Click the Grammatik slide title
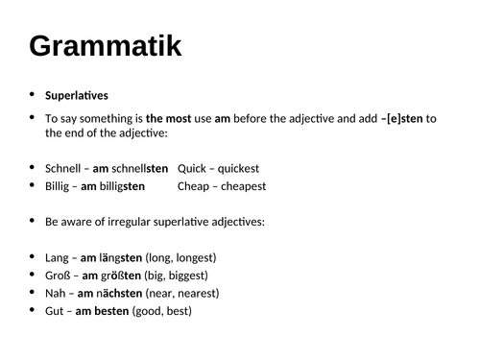click(106, 45)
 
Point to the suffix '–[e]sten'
click(399, 118)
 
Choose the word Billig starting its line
click(60, 185)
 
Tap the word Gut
click(55, 311)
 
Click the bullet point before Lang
click(34, 257)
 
